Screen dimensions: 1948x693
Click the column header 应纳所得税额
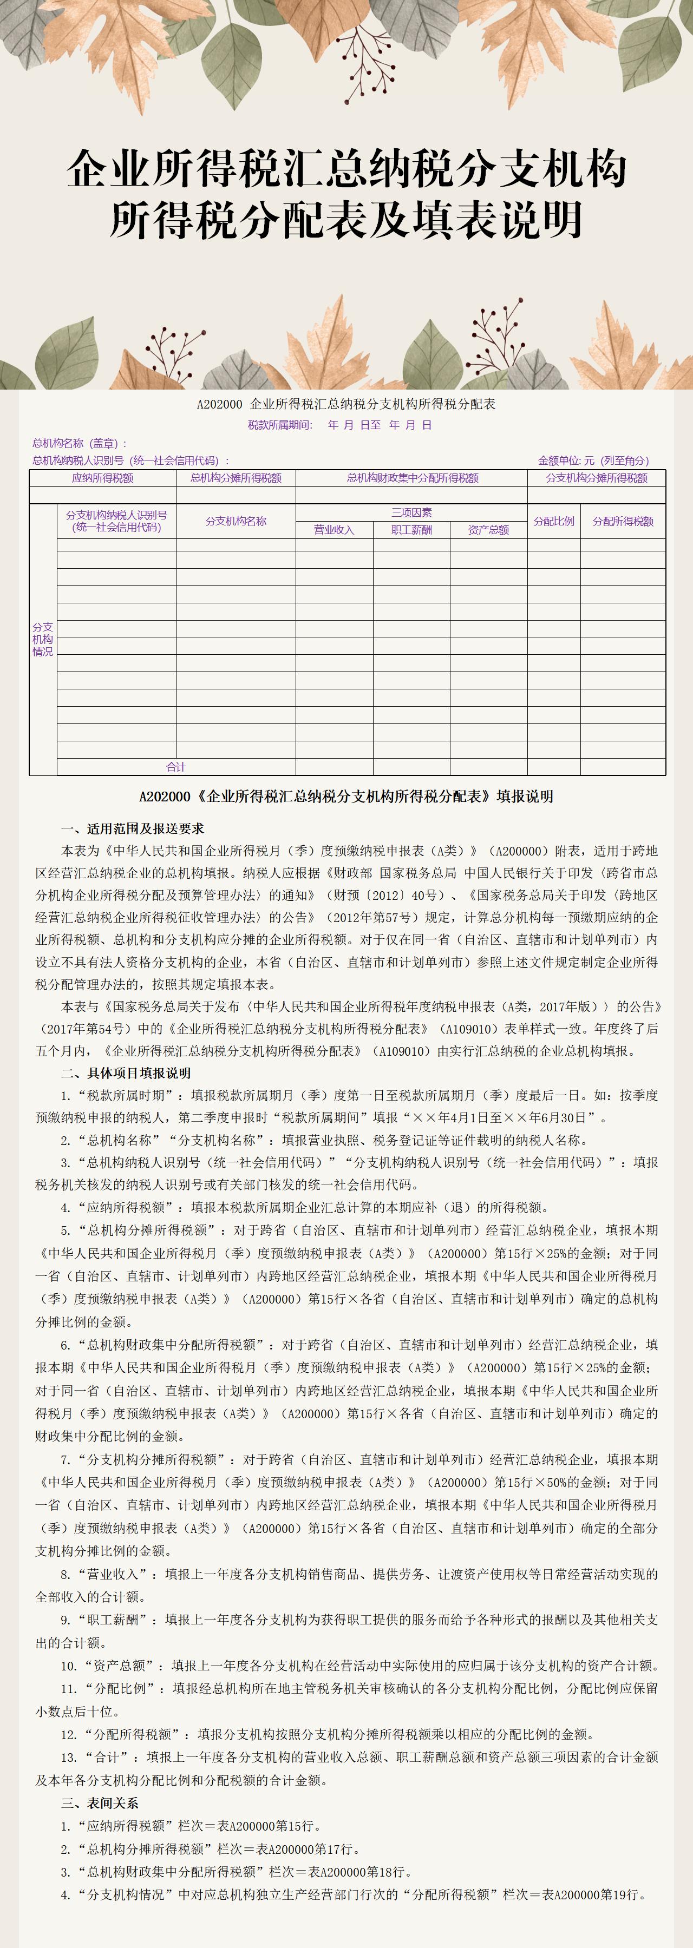click(103, 478)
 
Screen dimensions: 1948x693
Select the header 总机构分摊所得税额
click(236, 478)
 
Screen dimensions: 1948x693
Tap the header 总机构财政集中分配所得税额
click(413, 478)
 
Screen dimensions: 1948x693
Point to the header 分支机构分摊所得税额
click(597, 478)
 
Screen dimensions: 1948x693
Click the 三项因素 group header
click(411, 513)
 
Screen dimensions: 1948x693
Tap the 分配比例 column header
click(554, 521)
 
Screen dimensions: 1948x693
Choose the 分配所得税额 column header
click(623, 521)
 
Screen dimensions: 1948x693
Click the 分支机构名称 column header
click(236, 521)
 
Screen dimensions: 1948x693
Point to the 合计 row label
click(176, 767)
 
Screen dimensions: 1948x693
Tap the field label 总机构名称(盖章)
click(80, 443)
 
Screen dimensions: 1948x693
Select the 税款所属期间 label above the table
click(280, 425)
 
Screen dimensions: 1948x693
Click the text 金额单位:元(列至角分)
click(593, 460)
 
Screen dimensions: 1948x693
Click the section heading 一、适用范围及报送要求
click(133, 829)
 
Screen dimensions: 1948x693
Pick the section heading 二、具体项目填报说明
click(126, 1073)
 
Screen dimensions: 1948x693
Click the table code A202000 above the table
click(219, 404)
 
